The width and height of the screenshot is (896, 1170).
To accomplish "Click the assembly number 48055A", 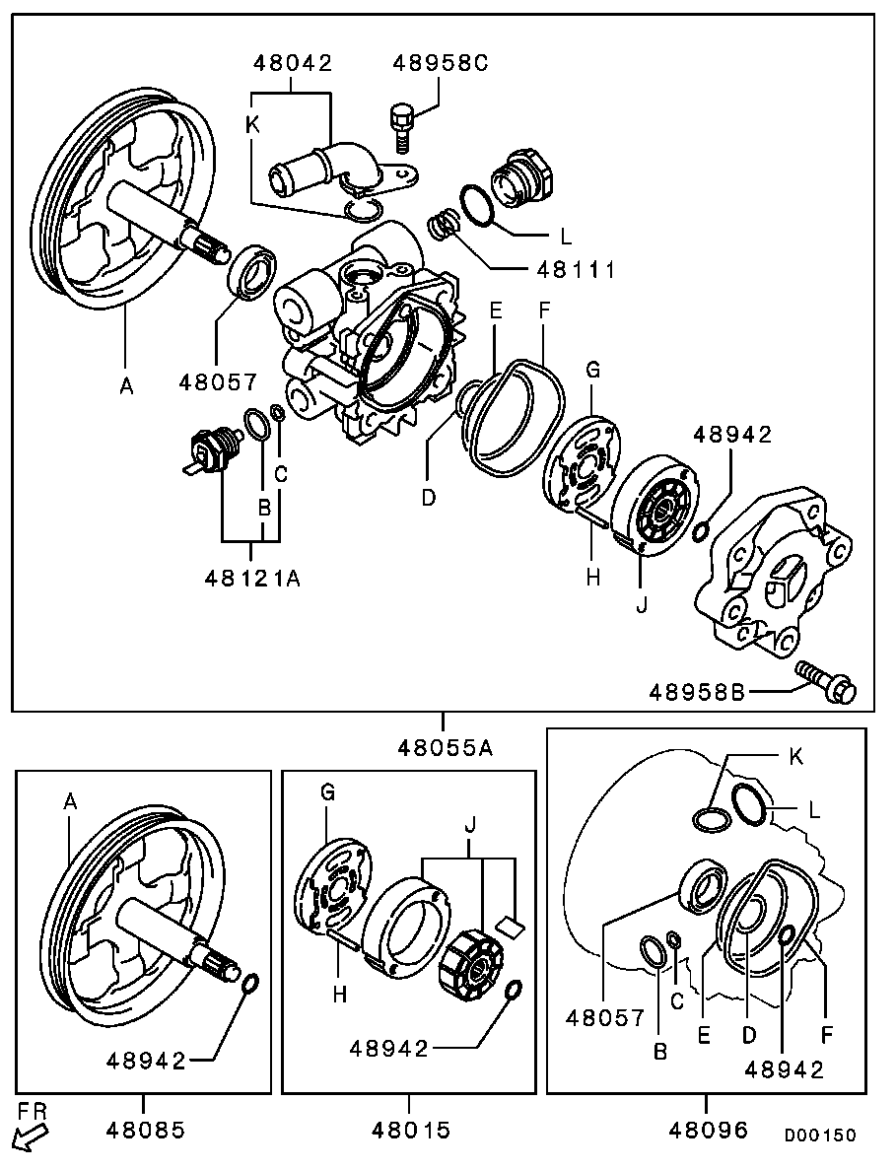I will [445, 747].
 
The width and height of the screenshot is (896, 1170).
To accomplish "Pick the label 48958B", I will [696, 692].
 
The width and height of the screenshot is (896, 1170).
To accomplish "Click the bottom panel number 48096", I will [708, 1130].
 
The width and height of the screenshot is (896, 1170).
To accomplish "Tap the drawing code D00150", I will [820, 1136].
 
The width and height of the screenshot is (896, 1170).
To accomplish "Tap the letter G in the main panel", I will [592, 370].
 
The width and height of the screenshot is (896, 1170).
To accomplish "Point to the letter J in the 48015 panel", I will [469, 821].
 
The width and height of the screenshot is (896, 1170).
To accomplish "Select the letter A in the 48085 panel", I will [70, 803].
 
